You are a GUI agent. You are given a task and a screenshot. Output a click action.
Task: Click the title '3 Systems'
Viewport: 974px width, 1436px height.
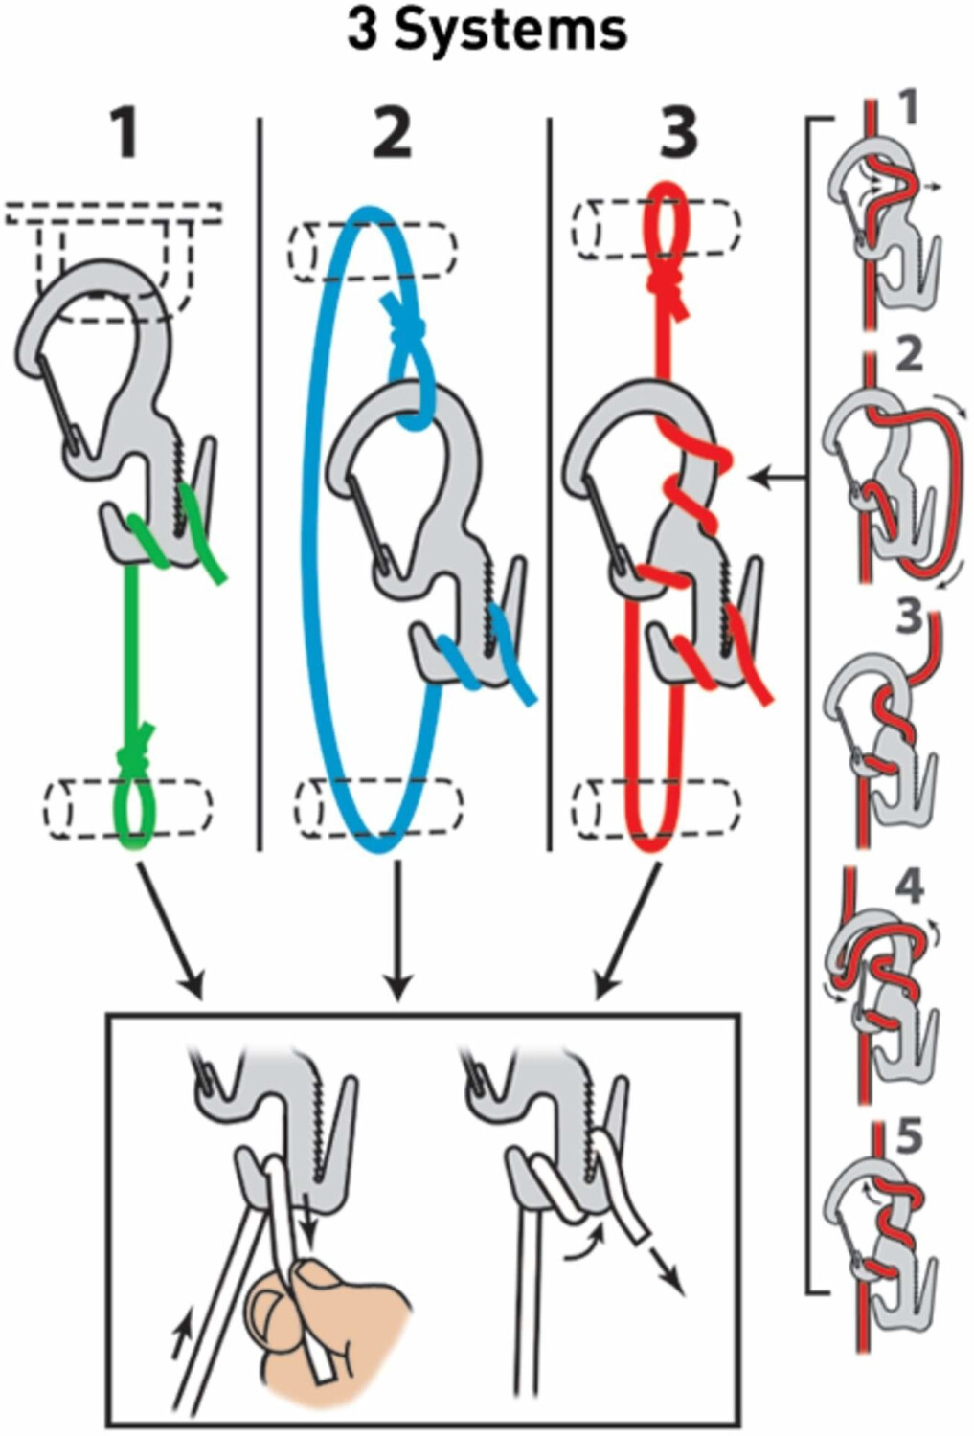pyautogui.click(x=487, y=31)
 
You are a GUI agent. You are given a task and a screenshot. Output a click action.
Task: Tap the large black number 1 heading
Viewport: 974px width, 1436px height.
pyautogui.click(x=125, y=134)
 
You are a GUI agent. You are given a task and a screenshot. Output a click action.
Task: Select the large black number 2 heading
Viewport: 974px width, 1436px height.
pyautogui.click(x=392, y=134)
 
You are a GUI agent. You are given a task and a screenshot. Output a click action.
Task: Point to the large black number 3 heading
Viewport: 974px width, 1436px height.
pyautogui.click(x=678, y=134)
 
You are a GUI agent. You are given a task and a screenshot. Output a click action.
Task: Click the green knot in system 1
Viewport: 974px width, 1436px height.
pyautogui.click(x=134, y=756)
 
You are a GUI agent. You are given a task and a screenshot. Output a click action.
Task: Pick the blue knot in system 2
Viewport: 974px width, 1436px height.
pyautogui.click(x=403, y=322)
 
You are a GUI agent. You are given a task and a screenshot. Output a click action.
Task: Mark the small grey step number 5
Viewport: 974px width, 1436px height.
pyautogui.click(x=907, y=1137)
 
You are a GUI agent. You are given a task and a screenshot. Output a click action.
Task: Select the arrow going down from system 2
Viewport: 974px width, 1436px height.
pyautogui.click(x=397, y=933)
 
